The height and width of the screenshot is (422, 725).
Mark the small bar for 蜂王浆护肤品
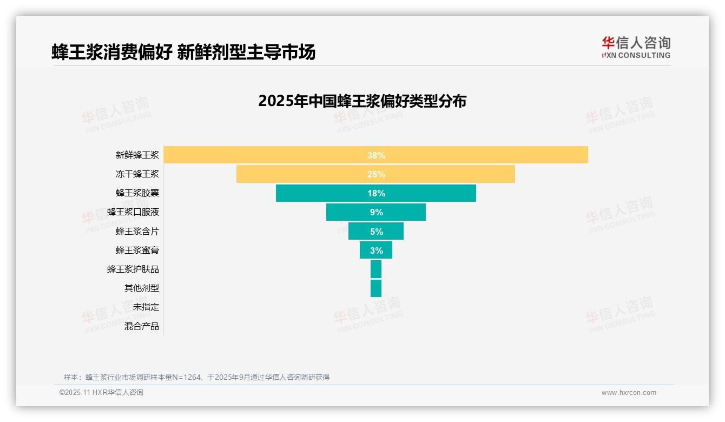(x=376, y=269)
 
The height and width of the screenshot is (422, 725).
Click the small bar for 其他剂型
(x=376, y=288)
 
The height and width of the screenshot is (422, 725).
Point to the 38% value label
(x=376, y=155)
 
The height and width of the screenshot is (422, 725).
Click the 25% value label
(x=376, y=174)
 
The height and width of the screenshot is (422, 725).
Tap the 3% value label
(x=376, y=250)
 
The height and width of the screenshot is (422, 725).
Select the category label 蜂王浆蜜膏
(x=137, y=250)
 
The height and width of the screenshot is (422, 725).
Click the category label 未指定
(x=146, y=307)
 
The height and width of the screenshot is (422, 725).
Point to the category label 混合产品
(x=142, y=326)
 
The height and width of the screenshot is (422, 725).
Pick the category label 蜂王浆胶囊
(x=137, y=193)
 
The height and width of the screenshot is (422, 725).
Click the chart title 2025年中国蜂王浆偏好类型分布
(x=362, y=101)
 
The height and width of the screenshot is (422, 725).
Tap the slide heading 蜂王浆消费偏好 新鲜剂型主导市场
(x=183, y=52)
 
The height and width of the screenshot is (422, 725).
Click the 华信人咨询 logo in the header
(x=636, y=47)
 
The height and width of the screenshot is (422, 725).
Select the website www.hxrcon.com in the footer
(x=629, y=393)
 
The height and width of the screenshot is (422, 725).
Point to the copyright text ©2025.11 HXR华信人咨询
(x=101, y=393)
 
